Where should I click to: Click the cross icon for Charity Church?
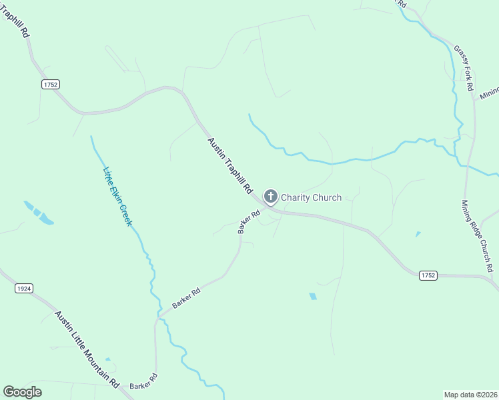click(270, 197)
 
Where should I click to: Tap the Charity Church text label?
click(311, 197)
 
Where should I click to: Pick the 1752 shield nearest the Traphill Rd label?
click(50, 84)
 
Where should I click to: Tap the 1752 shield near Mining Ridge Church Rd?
click(428, 275)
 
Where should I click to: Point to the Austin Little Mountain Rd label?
click(87, 349)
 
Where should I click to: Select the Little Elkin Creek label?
click(117, 196)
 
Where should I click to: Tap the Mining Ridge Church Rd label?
click(478, 236)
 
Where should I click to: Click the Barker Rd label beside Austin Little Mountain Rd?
click(143, 382)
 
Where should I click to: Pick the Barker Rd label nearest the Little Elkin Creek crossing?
click(186, 297)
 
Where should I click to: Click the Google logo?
click(22, 392)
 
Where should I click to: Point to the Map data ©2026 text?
click(470, 394)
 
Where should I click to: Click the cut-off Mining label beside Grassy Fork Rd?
click(489, 92)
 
